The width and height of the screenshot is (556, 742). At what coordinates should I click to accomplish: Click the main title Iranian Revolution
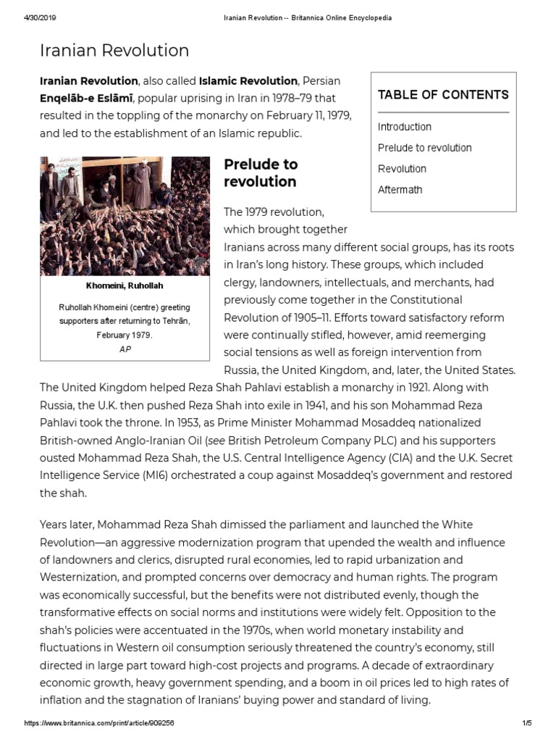(114, 51)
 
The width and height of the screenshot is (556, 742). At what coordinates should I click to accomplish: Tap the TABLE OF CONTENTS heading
(442, 95)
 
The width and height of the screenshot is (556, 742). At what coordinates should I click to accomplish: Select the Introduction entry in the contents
(404, 127)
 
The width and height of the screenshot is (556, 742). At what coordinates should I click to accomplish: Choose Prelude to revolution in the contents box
(424, 148)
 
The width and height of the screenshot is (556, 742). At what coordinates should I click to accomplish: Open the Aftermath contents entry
(400, 190)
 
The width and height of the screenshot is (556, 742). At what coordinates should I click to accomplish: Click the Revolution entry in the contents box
(402, 169)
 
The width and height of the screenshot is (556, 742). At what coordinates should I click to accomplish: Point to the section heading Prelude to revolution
(260, 173)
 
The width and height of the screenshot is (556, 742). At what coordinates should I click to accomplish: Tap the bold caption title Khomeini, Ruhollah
(125, 286)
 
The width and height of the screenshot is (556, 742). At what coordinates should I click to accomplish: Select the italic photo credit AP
(125, 349)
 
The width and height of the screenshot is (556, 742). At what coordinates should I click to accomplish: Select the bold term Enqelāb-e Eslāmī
(85, 99)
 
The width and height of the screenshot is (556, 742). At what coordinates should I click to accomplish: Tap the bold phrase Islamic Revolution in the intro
(248, 80)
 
